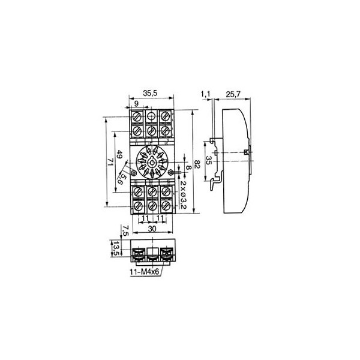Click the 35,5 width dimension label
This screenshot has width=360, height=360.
coord(150,93)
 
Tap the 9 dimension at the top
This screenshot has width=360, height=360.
coord(136,104)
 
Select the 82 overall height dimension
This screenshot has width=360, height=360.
coord(197,164)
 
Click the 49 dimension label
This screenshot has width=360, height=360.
coord(119,154)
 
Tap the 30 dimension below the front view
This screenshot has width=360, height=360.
coord(152,229)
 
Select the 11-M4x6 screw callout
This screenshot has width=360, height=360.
coord(145,272)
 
